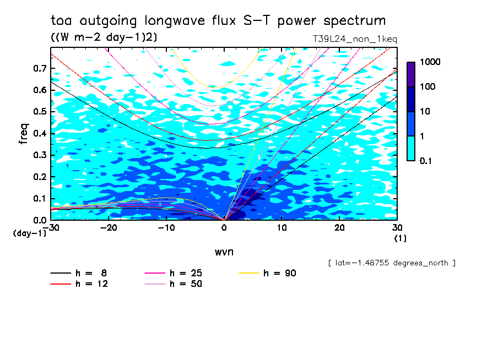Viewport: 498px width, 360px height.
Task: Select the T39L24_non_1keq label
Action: (x=354, y=39)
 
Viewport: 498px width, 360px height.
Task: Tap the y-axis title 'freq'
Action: (x=24, y=134)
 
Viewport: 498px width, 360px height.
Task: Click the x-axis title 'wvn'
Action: (x=224, y=252)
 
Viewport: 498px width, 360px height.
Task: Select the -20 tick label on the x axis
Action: (x=109, y=228)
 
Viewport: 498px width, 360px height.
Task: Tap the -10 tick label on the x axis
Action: (x=166, y=228)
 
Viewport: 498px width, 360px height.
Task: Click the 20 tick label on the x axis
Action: (x=339, y=228)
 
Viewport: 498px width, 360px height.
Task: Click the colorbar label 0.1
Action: (x=427, y=161)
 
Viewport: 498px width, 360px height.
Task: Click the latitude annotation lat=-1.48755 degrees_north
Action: (x=392, y=263)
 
